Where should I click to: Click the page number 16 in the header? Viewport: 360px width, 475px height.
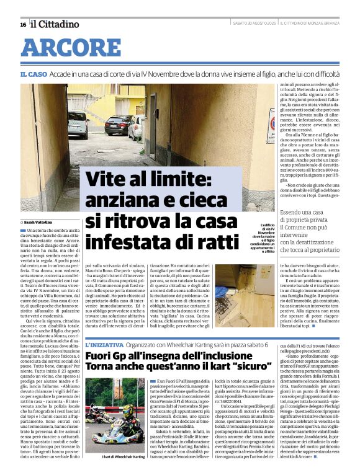[x=23, y=24]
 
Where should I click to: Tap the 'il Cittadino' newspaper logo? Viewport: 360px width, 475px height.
[x=55, y=24]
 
